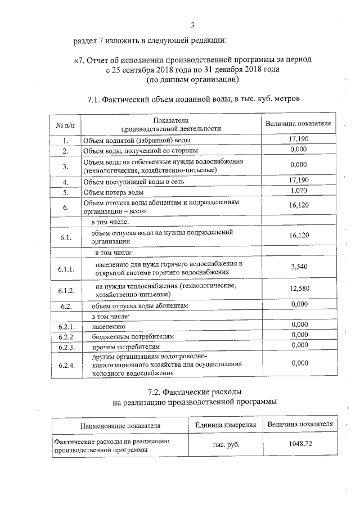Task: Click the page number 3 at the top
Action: tap(193, 25)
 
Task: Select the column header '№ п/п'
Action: tap(65, 124)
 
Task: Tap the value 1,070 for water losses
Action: tap(299, 191)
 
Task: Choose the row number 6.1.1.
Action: tap(65, 268)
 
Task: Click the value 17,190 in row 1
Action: tap(299, 138)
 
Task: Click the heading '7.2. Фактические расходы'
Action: tap(193, 391)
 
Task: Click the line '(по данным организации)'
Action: tap(193, 80)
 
